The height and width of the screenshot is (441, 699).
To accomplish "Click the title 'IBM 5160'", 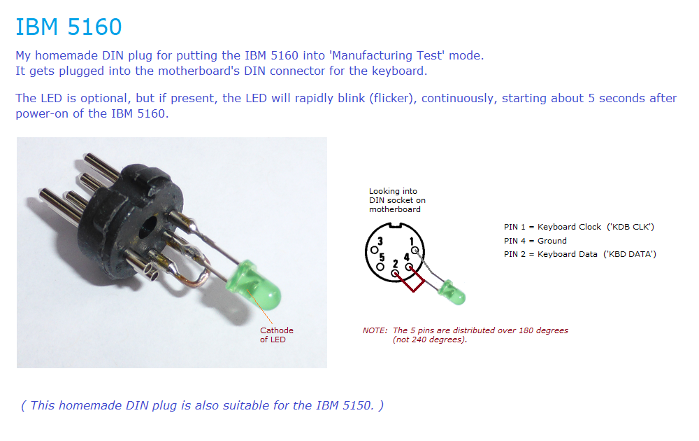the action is coord(69,27).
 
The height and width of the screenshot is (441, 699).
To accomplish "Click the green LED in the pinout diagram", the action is coord(452,293).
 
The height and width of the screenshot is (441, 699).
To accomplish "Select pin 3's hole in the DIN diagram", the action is coord(375,251).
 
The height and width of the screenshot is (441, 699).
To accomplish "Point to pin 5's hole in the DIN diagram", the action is coord(380,267).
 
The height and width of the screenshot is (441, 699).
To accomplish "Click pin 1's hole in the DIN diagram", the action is coord(415,251).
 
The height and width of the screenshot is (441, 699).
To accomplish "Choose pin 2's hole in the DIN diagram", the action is coord(395,273).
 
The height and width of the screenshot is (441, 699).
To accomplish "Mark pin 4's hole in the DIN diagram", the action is coord(409,267).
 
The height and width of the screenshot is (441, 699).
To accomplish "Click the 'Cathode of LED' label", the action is coord(276,335).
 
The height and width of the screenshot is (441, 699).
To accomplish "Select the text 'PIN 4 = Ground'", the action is coord(535,241).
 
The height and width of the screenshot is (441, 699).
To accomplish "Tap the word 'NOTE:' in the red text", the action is coord(375,330).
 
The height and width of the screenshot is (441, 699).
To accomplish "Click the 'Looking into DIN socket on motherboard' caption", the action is coord(397,200).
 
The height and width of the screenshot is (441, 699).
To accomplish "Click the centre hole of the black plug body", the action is coord(147,227).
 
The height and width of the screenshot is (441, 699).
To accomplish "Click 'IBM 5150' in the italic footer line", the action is coord(345,405).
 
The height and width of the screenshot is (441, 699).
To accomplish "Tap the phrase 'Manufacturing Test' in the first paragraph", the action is coord(387,55).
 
